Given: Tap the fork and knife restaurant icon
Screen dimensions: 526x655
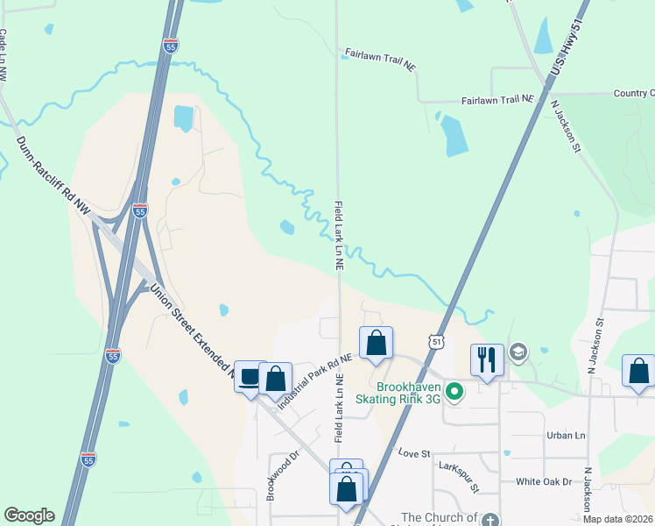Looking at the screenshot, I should point(487,359).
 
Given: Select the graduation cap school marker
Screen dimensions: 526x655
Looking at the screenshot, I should point(518,352).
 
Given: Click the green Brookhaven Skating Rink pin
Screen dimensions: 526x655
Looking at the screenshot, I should point(454,391).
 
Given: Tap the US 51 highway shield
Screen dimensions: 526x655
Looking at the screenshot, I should point(438,340).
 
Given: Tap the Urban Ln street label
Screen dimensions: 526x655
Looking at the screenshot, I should point(565,435).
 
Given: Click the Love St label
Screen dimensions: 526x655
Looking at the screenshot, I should point(414,454).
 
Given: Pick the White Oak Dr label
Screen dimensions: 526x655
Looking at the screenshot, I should point(543,481).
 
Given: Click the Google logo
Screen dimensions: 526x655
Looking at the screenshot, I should point(29,515).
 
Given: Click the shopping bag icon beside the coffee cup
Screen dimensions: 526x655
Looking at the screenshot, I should point(276,379).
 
